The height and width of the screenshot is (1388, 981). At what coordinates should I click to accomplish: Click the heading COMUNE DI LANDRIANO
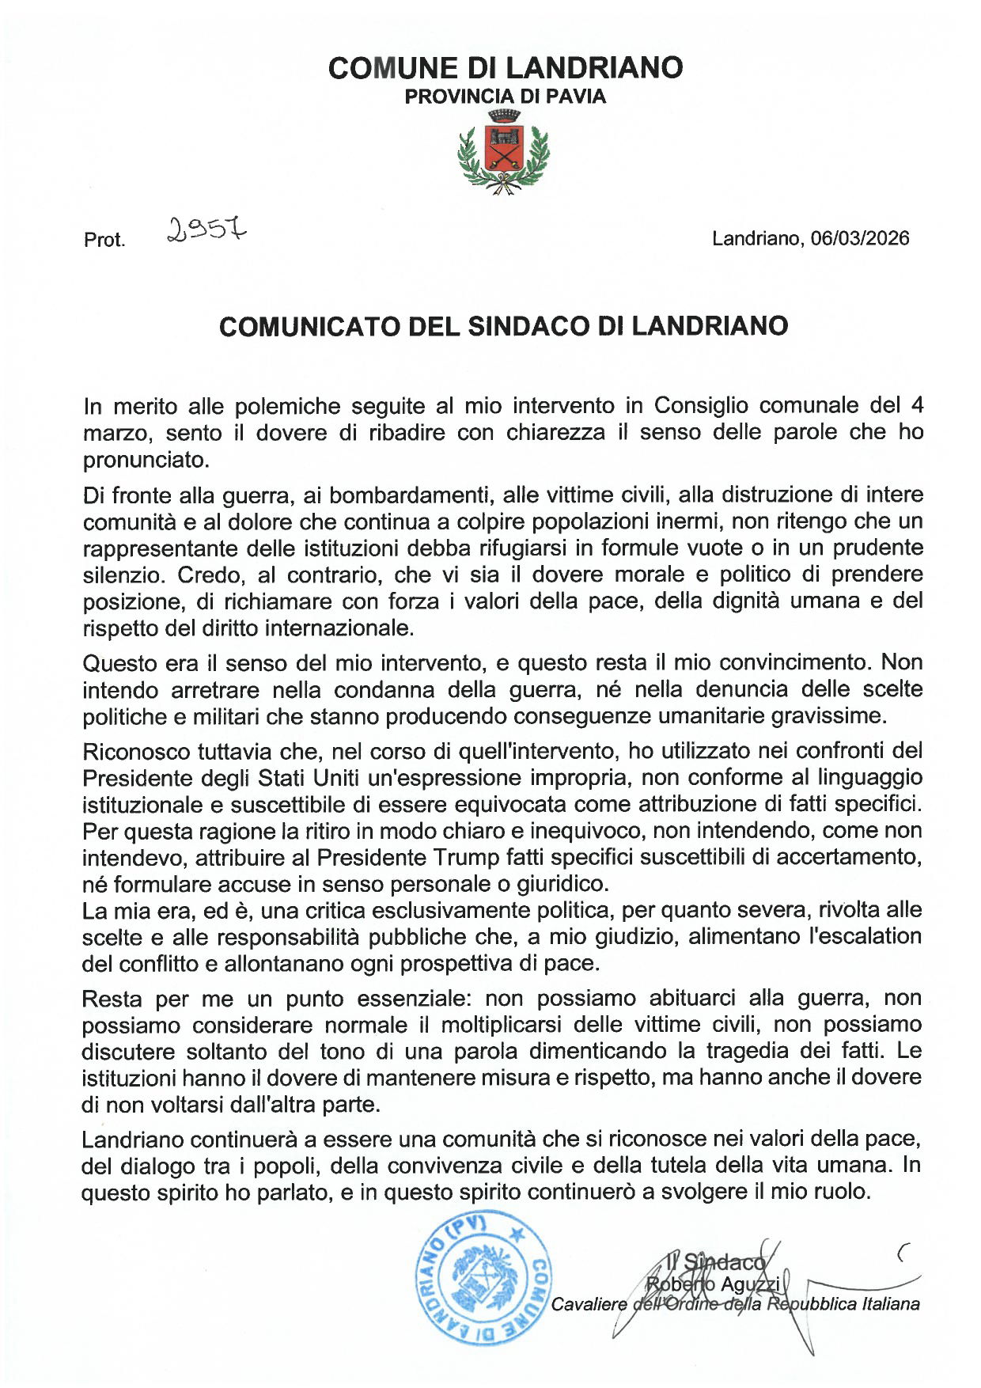point(506,68)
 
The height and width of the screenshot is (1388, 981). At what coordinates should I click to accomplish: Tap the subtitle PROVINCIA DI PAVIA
point(506,97)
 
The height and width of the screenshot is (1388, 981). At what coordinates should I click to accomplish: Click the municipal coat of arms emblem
point(503,153)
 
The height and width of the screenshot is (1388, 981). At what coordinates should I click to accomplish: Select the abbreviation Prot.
point(104,240)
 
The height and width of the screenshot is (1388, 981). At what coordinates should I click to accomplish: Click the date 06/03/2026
point(860,238)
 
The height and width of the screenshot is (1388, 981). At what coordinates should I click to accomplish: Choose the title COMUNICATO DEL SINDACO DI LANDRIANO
point(503,326)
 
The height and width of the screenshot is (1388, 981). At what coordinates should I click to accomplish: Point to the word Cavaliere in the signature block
point(589,1304)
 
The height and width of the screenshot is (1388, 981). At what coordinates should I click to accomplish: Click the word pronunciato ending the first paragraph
point(146,460)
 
